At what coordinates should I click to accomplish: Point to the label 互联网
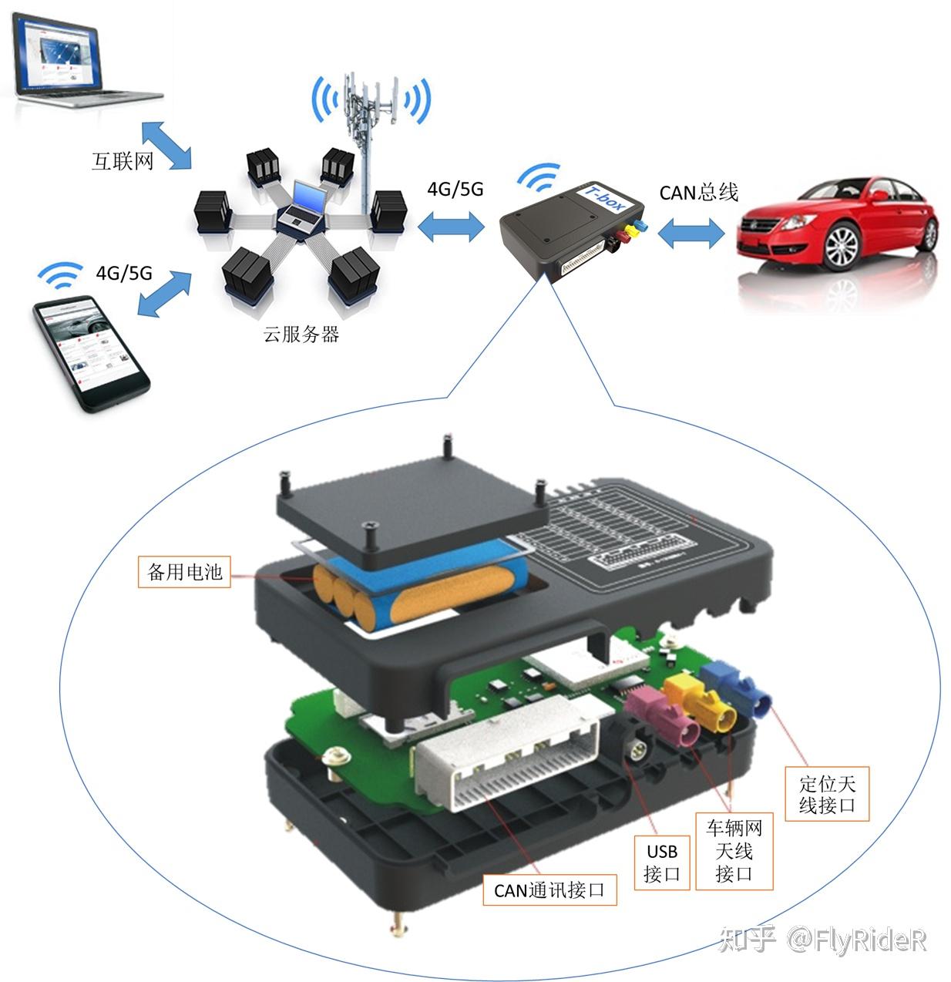click(x=123, y=161)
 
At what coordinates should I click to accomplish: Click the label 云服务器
click(x=301, y=334)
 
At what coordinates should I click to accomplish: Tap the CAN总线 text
click(x=698, y=192)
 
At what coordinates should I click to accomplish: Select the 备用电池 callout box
click(x=184, y=571)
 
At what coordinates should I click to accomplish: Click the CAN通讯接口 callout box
click(x=549, y=890)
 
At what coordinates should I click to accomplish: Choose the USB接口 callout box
click(x=661, y=863)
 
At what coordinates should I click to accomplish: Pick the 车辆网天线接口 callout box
click(x=734, y=851)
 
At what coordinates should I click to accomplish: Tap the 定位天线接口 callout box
click(x=827, y=794)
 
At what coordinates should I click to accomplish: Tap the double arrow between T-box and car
click(x=691, y=232)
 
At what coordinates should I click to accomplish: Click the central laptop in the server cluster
click(x=300, y=209)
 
